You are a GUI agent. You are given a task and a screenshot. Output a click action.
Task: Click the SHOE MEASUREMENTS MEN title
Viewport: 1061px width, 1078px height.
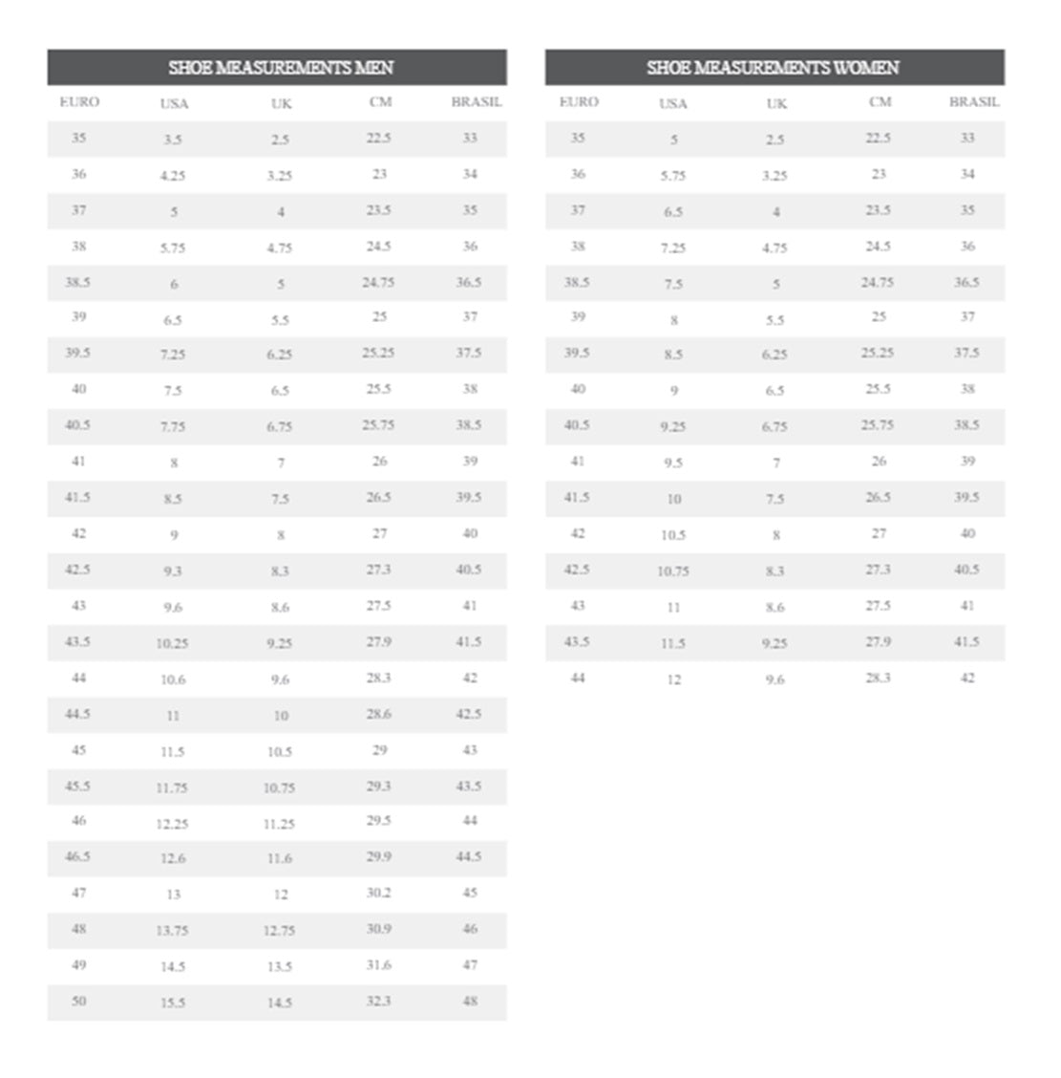click(x=281, y=68)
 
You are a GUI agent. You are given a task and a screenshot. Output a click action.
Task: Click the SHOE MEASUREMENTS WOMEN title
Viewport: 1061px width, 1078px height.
click(x=773, y=68)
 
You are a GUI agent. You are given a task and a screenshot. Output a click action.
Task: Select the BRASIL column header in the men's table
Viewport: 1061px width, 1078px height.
click(x=476, y=101)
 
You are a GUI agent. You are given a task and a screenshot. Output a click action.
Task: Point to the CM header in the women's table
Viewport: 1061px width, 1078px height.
click(x=880, y=101)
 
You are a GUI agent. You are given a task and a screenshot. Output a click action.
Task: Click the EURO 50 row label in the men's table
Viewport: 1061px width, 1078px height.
click(x=78, y=1001)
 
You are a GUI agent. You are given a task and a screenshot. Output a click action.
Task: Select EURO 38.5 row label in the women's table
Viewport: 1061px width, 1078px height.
click(x=577, y=282)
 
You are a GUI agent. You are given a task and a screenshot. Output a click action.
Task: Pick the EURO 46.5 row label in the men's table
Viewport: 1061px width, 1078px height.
click(x=77, y=856)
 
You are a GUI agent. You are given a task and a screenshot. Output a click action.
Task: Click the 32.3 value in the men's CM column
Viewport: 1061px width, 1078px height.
click(x=378, y=1001)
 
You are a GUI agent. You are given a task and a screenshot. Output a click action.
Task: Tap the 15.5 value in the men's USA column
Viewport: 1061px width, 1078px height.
click(x=173, y=1003)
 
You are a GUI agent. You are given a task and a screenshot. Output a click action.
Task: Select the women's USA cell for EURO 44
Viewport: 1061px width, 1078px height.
click(x=673, y=679)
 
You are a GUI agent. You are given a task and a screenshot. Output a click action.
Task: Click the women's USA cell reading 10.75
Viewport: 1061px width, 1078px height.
click(x=673, y=571)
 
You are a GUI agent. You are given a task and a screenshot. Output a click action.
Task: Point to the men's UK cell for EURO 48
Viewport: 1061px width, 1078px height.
click(x=279, y=930)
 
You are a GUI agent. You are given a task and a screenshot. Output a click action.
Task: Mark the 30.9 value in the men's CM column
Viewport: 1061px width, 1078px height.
click(x=378, y=928)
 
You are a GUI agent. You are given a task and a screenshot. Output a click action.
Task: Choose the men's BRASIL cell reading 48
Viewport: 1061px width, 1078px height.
click(x=470, y=1001)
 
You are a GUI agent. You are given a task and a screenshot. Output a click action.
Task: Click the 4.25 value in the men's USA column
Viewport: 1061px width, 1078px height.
click(x=173, y=176)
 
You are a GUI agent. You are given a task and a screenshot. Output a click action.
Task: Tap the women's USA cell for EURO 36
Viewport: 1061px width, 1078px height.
click(x=673, y=176)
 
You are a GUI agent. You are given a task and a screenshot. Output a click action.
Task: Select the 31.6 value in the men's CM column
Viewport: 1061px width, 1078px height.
click(x=378, y=964)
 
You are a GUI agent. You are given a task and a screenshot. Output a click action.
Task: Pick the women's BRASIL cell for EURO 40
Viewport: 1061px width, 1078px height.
click(x=967, y=389)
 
